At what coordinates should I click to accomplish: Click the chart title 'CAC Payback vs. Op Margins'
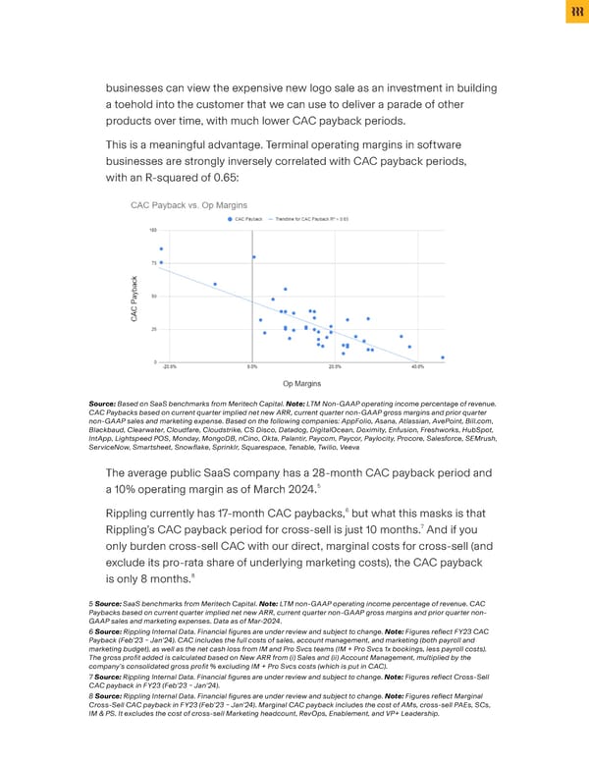(188, 204)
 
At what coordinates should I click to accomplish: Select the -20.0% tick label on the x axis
(170, 365)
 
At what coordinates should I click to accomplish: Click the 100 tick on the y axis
(153, 230)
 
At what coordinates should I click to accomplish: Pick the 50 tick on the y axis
(154, 296)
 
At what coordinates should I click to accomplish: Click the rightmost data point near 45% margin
(443, 357)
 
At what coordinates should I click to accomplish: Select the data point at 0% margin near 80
(253, 257)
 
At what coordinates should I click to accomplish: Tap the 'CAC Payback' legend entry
(247, 219)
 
